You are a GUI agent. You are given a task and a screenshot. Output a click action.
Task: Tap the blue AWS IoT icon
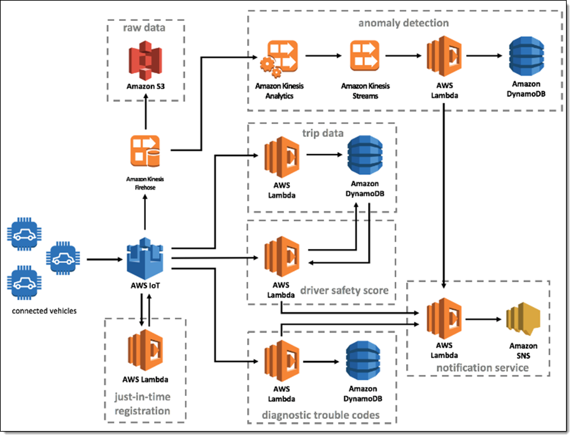[146, 258]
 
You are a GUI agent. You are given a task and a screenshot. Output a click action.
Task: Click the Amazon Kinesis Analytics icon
[278, 57]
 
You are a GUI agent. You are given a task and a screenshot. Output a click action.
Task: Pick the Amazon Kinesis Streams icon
[365, 57]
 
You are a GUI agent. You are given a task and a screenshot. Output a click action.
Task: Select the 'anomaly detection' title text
[404, 23]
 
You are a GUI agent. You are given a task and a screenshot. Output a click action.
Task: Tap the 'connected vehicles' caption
[45, 311]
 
